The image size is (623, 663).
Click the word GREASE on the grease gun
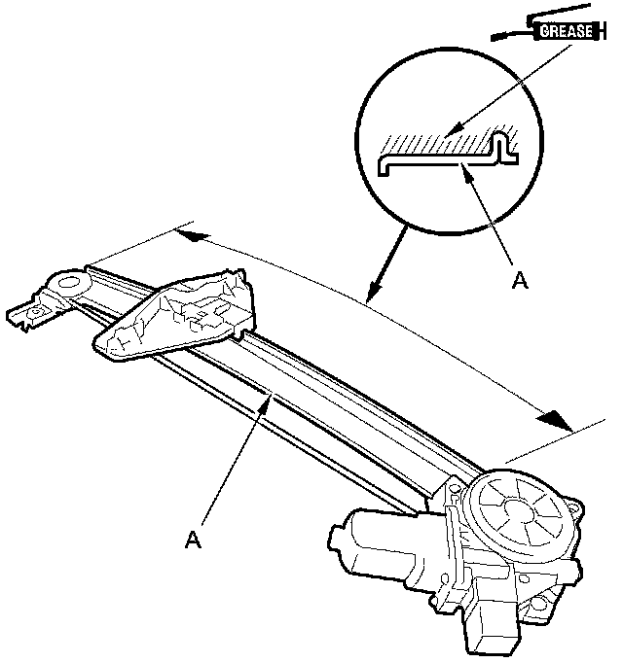pos(566,31)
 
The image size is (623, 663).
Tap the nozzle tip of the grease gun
pos(495,37)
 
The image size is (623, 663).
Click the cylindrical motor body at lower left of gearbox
pos(370,544)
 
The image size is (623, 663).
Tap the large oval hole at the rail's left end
pos(71,286)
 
